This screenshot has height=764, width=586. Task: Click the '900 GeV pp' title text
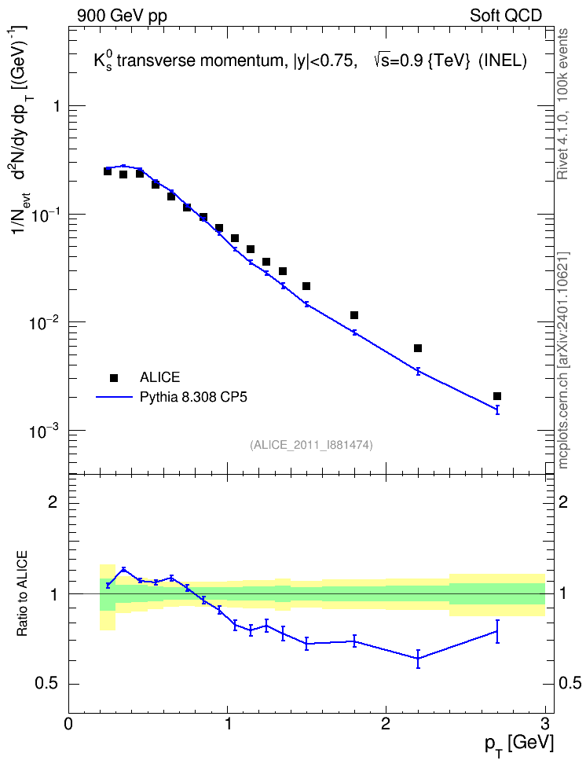pos(122,16)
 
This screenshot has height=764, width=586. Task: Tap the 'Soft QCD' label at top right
pos(506,16)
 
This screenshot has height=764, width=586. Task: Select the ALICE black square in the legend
pos(114,377)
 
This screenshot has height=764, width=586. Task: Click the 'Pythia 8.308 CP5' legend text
pos(193,397)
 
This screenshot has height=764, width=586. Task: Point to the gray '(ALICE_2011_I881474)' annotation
pos(311,445)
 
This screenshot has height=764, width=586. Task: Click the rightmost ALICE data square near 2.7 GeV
pos(497,396)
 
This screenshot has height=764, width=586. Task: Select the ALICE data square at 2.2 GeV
pos(417,348)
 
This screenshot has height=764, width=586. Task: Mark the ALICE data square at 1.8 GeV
pos(354,315)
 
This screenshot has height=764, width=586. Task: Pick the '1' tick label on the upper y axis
pos(56,106)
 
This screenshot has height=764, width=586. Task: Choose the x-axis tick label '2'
pos(386,724)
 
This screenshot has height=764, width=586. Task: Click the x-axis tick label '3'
pos(544,724)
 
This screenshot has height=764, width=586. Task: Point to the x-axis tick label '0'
pos(68,724)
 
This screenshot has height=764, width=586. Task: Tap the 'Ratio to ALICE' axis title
pos(22,593)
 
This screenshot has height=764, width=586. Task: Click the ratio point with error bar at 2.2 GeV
pos(418,658)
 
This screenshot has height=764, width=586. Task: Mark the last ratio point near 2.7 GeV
pos(497,631)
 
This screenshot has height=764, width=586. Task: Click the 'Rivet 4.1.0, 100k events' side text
pos(562,104)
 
